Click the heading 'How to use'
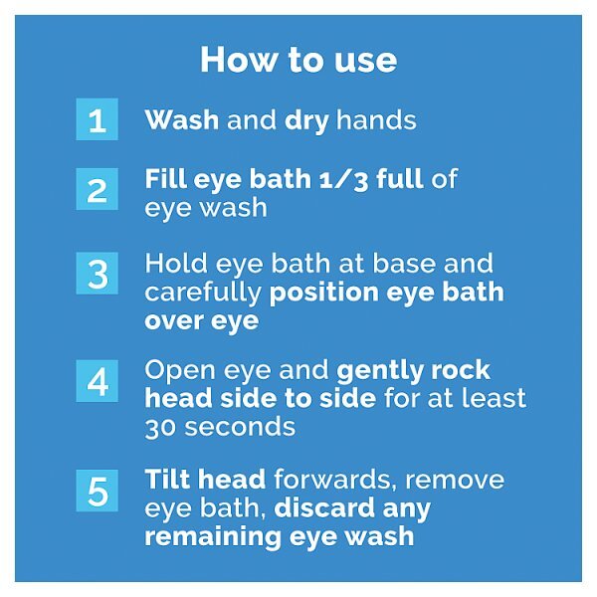click(x=298, y=60)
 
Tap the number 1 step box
click(x=98, y=119)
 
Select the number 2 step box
click(x=98, y=189)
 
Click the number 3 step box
click(x=98, y=273)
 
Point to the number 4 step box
click(x=98, y=381)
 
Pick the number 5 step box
click(x=98, y=491)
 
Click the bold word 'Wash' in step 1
click(x=182, y=120)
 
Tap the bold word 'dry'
click(x=306, y=121)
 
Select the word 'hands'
click(x=376, y=120)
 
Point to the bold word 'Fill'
click(x=165, y=178)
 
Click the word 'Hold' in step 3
click(x=176, y=263)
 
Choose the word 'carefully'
click(x=203, y=294)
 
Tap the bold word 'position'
click(x=323, y=294)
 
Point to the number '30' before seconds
click(x=160, y=428)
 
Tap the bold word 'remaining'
click(x=213, y=537)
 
